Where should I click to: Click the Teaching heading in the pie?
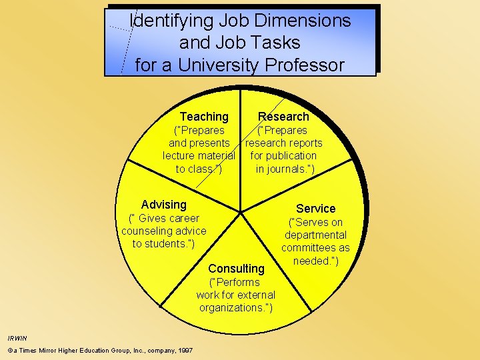tap(204, 117)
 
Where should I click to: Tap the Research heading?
tap(284, 117)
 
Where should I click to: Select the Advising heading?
tap(164, 205)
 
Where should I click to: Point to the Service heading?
tap(316, 209)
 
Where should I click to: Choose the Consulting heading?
tap(236, 269)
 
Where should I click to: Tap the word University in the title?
tap(214, 65)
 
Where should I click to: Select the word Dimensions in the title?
tap(299, 21)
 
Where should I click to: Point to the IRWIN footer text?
tap(17, 338)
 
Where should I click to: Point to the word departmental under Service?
tap(316, 235)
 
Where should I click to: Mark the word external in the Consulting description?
tap(255, 295)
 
